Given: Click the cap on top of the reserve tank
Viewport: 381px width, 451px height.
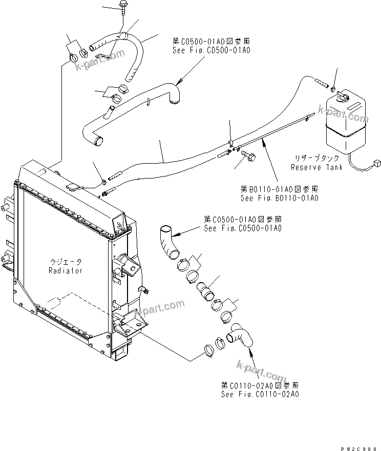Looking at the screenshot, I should pos(343,96).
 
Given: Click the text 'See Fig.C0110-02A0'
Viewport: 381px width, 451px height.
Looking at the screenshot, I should pos(260,394).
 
